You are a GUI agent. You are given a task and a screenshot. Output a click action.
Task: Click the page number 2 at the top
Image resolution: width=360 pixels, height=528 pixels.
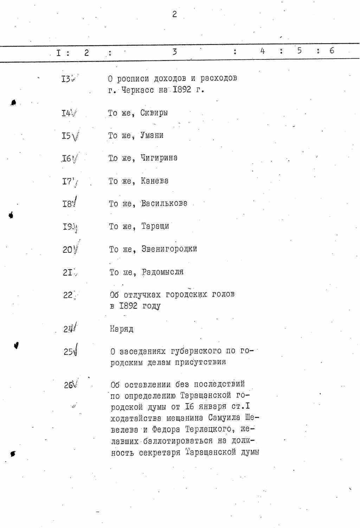coord(174,14)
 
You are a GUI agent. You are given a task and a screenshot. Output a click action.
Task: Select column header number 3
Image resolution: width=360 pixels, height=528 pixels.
coord(174,52)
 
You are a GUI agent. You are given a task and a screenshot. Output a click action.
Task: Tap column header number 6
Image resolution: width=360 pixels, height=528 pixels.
coord(332,51)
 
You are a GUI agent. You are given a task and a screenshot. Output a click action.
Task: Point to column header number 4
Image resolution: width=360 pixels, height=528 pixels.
coord(263,51)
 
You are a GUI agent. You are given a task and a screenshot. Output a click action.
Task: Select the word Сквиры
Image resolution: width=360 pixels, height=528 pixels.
coord(154,113)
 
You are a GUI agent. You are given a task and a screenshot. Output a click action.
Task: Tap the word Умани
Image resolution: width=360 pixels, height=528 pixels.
coord(152,135)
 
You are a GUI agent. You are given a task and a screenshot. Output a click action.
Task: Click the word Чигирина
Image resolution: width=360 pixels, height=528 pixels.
coord(159,158)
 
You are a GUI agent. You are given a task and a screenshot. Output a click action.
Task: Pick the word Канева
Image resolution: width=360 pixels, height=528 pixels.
coord(154,181)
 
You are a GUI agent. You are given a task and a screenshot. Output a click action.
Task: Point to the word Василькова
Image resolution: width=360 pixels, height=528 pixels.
coord(164,204)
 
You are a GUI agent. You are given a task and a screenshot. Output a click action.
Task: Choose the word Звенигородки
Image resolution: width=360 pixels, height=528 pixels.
coord(169,249)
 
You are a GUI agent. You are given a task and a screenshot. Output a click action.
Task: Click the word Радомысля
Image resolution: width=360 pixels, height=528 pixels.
coord(162,272)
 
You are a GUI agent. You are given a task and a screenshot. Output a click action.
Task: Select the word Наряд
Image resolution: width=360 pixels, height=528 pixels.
coord(122,329)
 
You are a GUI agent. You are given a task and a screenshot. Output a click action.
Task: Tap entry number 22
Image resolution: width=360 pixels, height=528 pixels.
coord(68,295)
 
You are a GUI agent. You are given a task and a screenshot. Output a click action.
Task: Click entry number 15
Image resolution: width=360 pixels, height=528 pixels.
coord(66,136)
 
